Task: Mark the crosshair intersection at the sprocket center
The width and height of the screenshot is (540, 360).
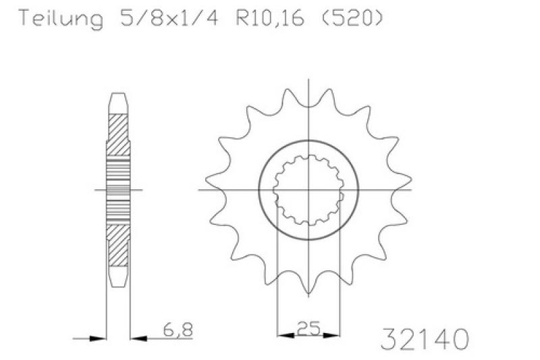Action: pyautogui.click(x=308, y=190)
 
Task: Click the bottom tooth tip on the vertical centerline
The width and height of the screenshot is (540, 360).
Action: pyautogui.click(x=308, y=294)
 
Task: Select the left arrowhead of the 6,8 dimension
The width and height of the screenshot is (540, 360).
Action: pyautogui.click(x=101, y=336)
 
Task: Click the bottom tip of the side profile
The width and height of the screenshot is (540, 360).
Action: pyautogui.click(x=118, y=287)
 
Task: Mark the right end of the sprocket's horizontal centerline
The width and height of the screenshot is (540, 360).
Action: pyautogui.click(x=412, y=190)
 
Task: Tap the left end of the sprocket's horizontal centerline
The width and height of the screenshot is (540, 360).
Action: pyautogui.click(x=198, y=190)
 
